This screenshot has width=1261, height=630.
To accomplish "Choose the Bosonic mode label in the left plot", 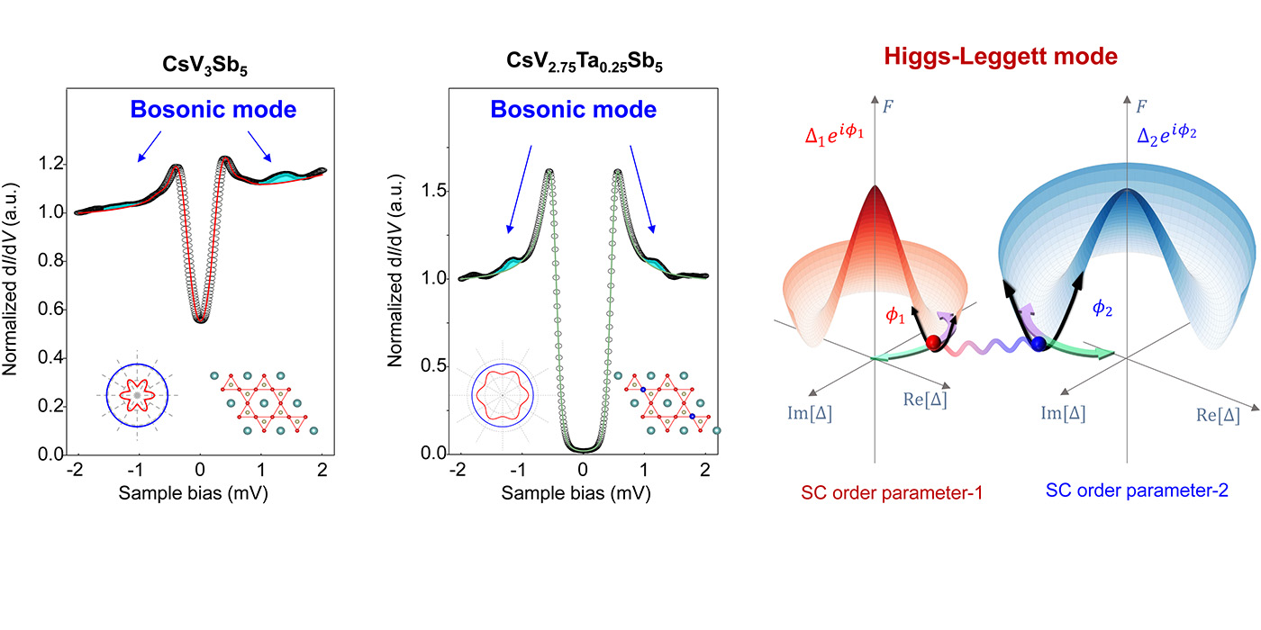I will tap(213, 110).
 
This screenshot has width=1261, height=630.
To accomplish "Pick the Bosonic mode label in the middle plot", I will tap(573, 110).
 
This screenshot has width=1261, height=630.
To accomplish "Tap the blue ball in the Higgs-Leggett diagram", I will tap(1041, 344).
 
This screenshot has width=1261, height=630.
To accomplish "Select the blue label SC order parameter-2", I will tap(1136, 491).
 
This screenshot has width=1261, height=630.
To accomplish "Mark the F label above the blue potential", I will tap(1141, 104).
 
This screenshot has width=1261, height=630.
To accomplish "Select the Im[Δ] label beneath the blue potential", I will tap(1063, 413).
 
